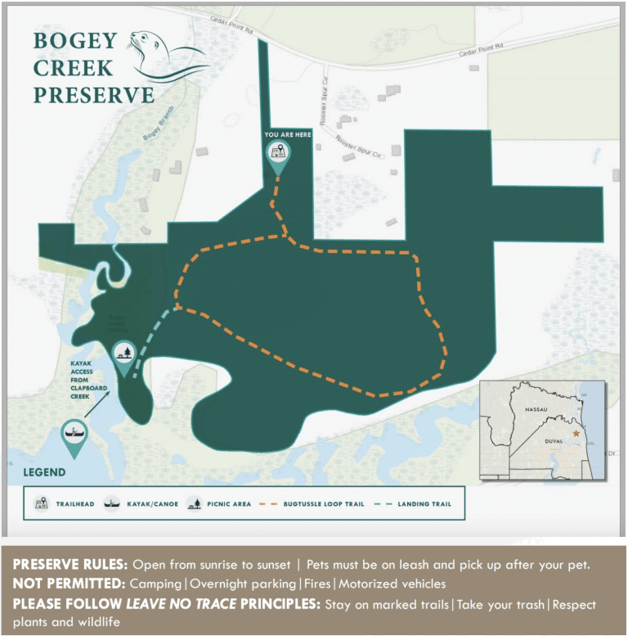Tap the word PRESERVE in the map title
click(93, 94)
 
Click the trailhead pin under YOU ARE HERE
click(279, 152)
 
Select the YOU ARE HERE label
click(287, 133)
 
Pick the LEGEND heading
click(44, 472)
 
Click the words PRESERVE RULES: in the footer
click(70, 565)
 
